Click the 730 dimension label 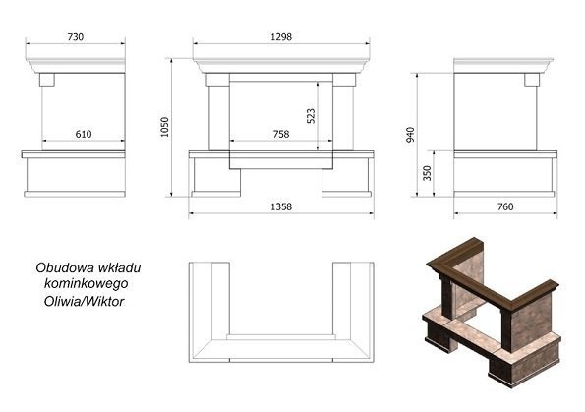[76, 37]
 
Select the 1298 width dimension [281, 37]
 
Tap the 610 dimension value [84, 134]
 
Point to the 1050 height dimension [164, 127]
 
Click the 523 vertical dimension [311, 116]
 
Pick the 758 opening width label [281, 134]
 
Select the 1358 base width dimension [281, 206]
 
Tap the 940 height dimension [410, 135]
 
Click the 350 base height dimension [427, 173]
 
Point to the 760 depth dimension [505, 206]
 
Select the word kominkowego [87, 283]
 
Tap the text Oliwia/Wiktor [84, 301]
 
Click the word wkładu [119, 268]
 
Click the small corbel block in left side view [47, 80]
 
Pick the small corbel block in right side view [532, 80]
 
